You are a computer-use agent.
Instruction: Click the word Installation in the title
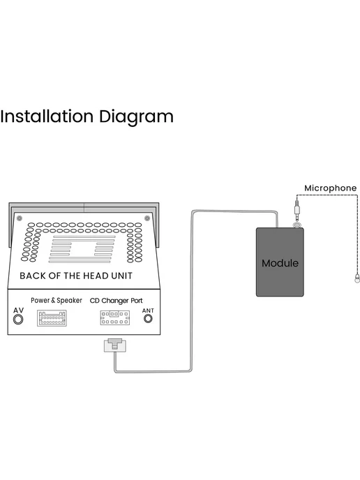tap(47, 117)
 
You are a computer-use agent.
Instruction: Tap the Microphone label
tap(330, 188)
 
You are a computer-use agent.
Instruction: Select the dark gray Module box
tap(280, 262)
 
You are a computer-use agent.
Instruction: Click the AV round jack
tap(18, 320)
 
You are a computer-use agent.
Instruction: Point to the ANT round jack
tap(148, 319)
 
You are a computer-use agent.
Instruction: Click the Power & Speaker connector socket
tap(52, 318)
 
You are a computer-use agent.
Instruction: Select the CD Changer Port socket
tap(115, 317)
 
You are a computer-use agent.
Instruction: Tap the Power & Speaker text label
tap(57, 300)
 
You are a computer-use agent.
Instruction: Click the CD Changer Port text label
tap(117, 301)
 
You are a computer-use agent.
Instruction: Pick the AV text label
tap(18, 310)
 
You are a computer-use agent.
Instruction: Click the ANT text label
tap(148, 310)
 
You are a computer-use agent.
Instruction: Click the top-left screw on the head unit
tap(20, 218)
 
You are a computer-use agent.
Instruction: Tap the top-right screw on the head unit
tap(147, 218)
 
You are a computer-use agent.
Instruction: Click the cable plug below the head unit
tap(115, 345)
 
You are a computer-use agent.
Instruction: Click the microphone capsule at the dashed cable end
tap(357, 278)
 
